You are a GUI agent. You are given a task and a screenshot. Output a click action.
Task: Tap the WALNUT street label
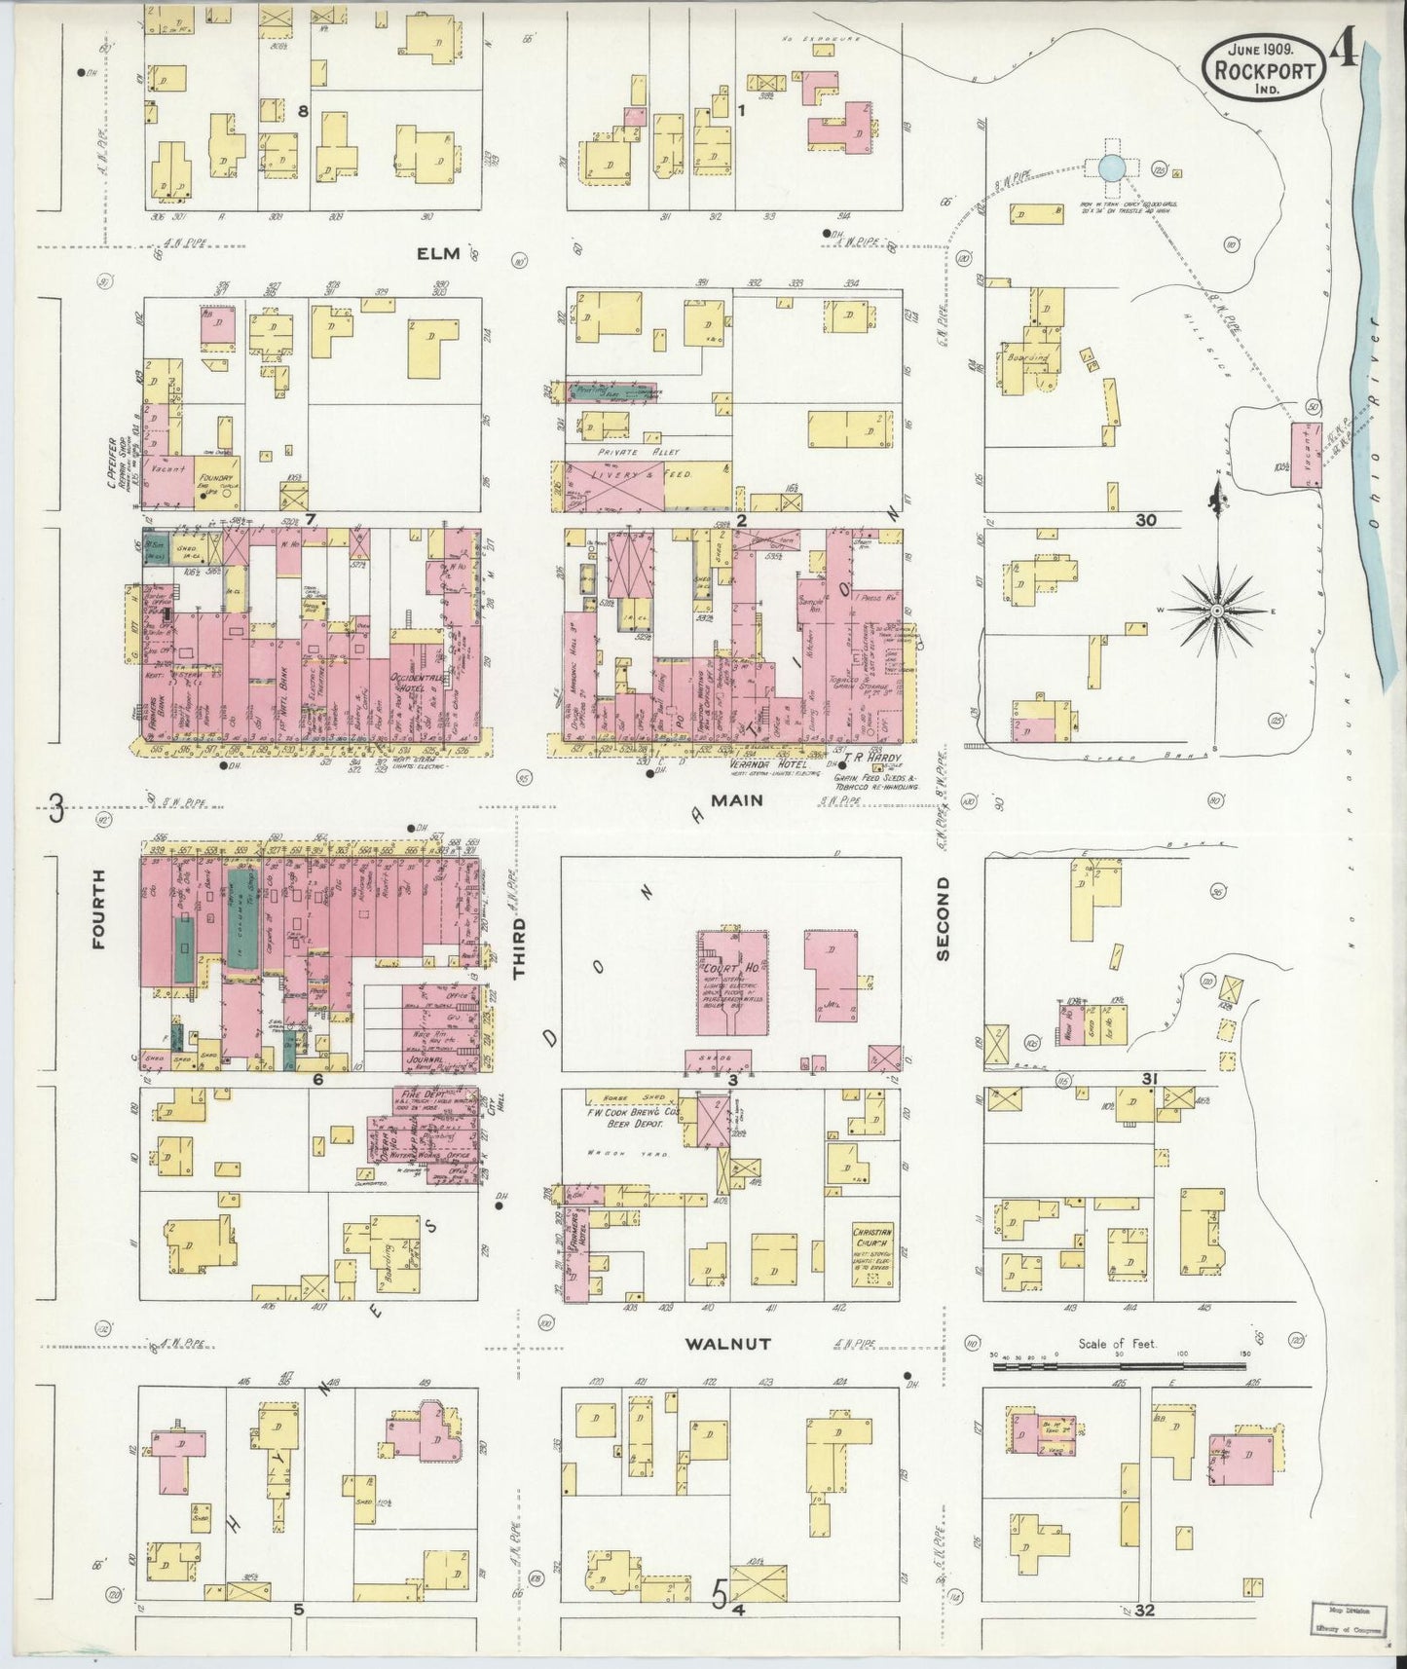pyautogui.click(x=727, y=1344)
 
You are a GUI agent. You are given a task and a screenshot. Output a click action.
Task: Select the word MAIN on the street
pyautogui.click(x=736, y=799)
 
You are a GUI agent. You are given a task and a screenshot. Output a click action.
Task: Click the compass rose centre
pyautogui.click(x=1216, y=610)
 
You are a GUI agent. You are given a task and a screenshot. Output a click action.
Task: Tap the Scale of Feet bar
pyautogui.click(x=1118, y=1368)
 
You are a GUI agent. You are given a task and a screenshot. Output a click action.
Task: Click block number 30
pyautogui.click(x=1145, y=521)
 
